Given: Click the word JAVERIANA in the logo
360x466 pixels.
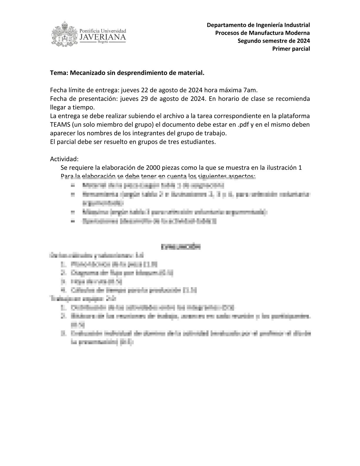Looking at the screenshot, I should click(x=103, y=37).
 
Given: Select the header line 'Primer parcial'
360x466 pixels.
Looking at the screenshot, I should click(x=291, y=49).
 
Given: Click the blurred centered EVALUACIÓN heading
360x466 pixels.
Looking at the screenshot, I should click(x=181, y=247).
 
